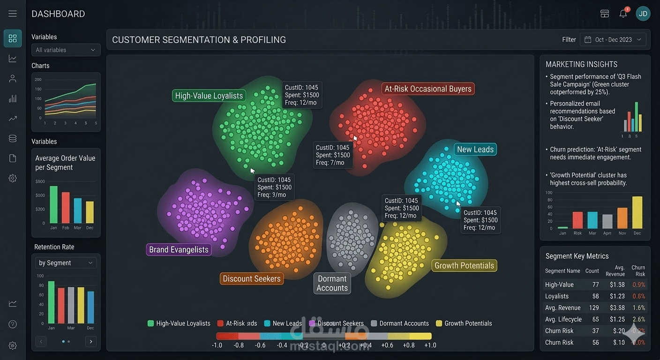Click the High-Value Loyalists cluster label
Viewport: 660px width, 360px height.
click(209, 96)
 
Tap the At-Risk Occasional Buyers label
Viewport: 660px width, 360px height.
click(427, 89)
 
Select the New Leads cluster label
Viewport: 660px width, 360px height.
click(475, 149)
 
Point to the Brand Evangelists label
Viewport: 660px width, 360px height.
click(179, 249)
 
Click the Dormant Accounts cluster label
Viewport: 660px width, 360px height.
click(332, 283)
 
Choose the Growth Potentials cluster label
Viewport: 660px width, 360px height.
click(464, 265)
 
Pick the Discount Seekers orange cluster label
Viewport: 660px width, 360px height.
click(252, 278)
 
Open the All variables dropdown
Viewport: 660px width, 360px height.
click(66, 50)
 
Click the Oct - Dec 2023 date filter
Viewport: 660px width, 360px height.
click(613, 40)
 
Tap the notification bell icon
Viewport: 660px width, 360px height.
click(623, 14)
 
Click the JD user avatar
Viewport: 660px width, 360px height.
click(643, 14)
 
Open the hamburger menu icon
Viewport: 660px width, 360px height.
click(13, 14)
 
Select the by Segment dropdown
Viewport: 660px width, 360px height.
click(66, 263)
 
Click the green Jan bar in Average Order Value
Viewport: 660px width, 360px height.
click(53, 205)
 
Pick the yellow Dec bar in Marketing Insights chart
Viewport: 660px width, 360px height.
click(637, 212)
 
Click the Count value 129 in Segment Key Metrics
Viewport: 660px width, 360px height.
click(593, 307)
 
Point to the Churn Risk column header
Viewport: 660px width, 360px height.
click(638, 270)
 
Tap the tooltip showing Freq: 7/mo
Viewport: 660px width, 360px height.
click(333, 155)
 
